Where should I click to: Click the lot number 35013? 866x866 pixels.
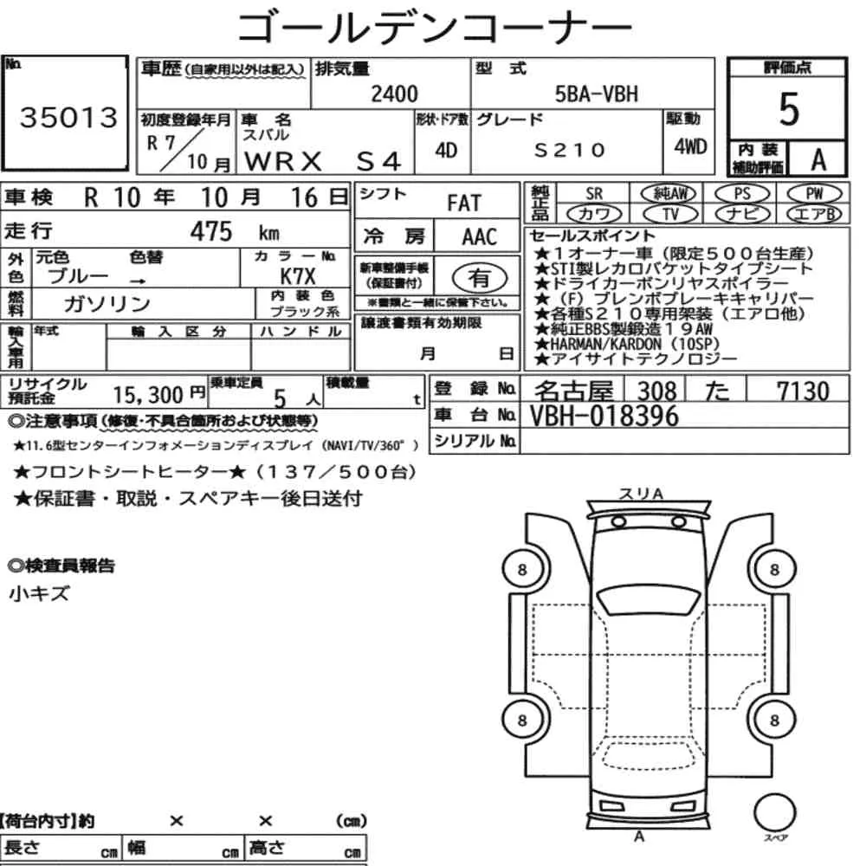[69, 117]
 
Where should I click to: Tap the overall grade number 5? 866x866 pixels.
[789, 109]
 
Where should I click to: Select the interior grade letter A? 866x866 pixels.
[818, 159]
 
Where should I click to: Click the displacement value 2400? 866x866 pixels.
[394, 94]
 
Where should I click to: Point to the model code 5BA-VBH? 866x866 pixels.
[596, 94]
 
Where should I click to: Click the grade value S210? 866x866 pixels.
[570, 150]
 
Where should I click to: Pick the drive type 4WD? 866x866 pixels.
[690, 146]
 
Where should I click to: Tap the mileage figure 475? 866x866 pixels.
[211, 231]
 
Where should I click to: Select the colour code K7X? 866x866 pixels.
[298, 276]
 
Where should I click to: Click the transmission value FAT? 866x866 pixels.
[464, 204]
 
